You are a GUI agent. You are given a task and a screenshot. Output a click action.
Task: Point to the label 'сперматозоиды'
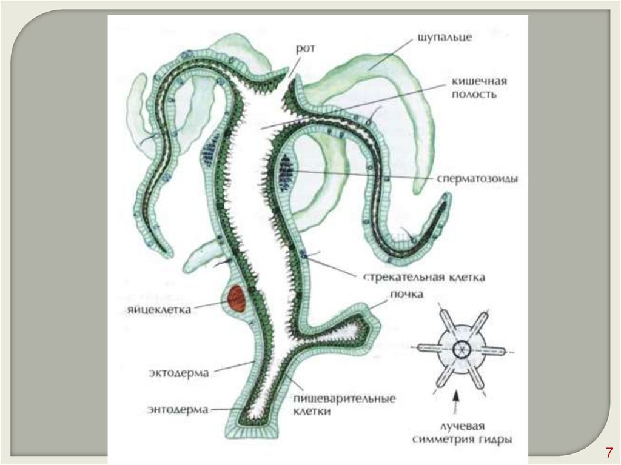pyautogui.click(x=477, y=180)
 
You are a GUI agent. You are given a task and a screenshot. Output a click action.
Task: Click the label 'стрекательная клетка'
pyautogui.click(x=425, y=278)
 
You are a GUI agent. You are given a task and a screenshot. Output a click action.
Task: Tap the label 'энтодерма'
pyautogui.click(x=178, y=410)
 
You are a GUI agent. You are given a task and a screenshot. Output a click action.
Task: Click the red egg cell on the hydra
pyautogui.click(x=237, y=299)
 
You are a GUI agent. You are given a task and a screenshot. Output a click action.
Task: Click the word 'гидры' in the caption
pyautogui.click(x=495, y=438)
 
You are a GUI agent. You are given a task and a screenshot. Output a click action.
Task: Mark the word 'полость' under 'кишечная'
pyautogui.click(x=478, y=95)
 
